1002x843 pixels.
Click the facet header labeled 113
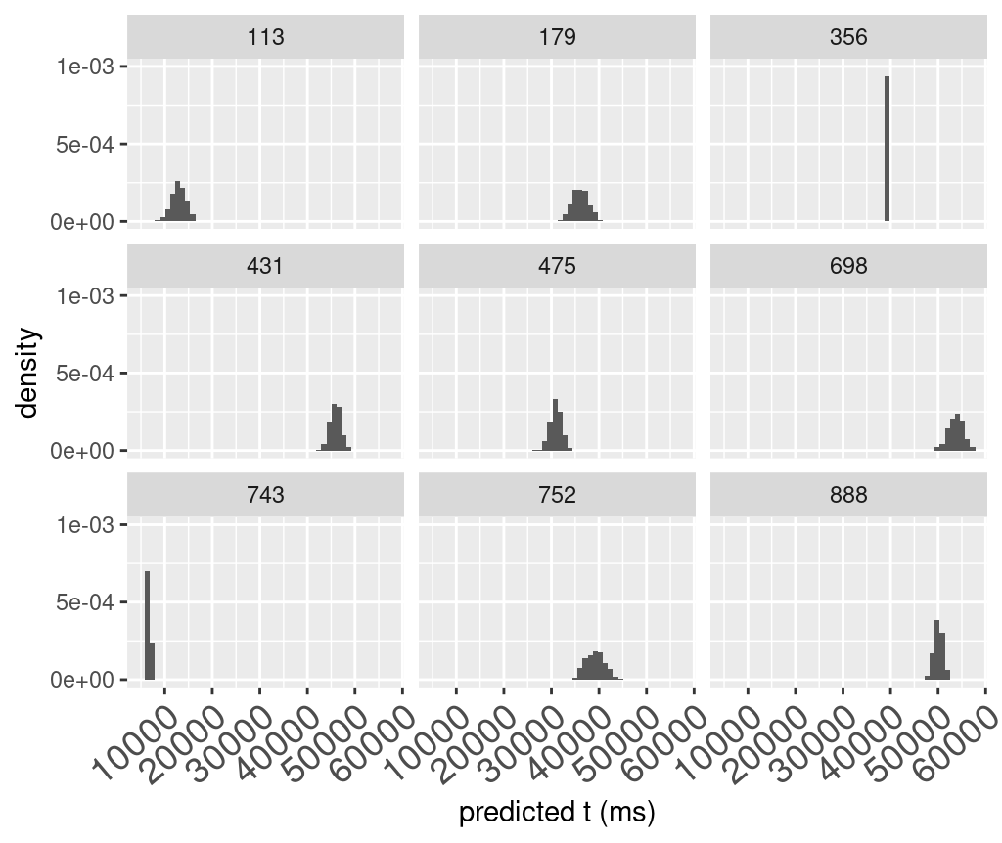point(265,38)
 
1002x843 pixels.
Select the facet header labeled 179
point(557,38)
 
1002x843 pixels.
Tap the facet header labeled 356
point(847,38)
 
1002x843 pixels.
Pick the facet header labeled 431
point(265,266)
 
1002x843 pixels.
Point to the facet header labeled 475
point(557,266)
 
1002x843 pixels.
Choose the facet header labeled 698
point(847,266)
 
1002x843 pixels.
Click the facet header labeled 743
point(265,495)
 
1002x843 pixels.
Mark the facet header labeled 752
point(557,495)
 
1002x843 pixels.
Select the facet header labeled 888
point(847,495)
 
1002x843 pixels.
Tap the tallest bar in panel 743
point(147,625)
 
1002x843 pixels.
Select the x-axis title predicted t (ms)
point(556,812)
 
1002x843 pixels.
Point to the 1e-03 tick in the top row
point(89,67)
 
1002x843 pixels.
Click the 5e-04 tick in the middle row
point(89,374)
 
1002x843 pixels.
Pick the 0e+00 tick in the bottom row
point(89,680)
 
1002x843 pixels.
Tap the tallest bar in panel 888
point(936,649)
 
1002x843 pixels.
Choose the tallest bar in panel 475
point(555,424)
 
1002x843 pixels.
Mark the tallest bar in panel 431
point(334,427)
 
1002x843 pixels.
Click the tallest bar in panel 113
point(178,201)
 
